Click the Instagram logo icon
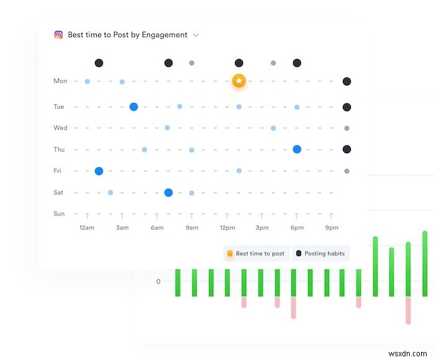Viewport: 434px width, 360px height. click(58, 35)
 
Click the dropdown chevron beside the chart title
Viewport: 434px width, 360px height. click(196, 35)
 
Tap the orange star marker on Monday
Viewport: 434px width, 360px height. click(239, 81)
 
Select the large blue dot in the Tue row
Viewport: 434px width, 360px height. click(133, 107)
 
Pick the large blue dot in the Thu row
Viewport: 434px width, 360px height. click(297, 149)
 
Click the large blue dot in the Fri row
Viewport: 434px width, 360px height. click(99, 171)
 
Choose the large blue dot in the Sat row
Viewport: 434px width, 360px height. click(168, 193)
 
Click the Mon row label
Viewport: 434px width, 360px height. click(60, 81)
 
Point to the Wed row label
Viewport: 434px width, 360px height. click(60, 128)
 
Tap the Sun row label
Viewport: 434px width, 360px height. click(59, 214)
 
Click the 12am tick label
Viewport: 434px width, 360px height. click(87, 228)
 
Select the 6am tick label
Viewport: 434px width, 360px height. click(157, 228)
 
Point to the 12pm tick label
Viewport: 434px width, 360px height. click(227, 228)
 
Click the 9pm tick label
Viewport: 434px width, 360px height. click(332, 228)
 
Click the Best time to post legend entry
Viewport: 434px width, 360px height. click(256, 253)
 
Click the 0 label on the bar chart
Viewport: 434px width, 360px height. click(158, 281)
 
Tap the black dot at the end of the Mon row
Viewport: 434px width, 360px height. click(347, 81)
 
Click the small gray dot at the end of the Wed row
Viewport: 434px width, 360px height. click(347, 128)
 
